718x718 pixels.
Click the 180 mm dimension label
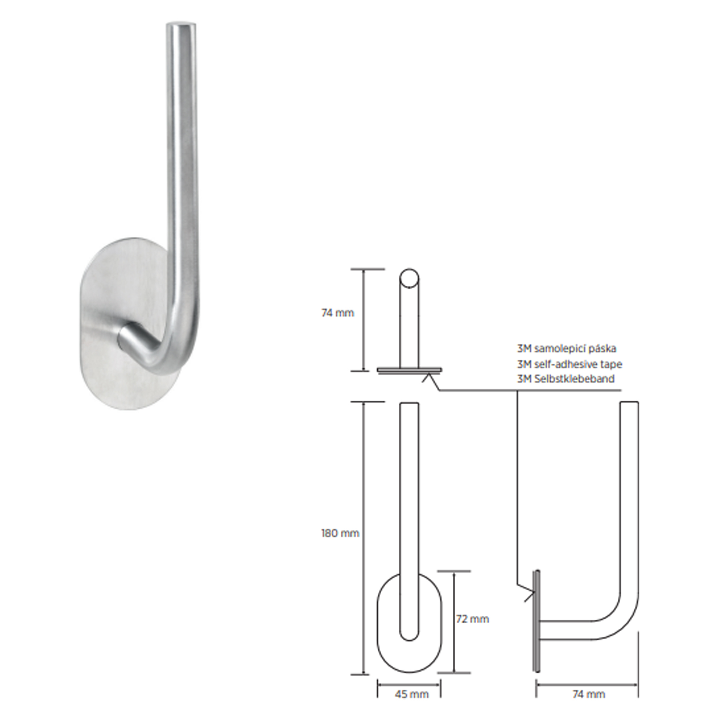tap(340, 533)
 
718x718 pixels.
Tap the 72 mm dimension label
tap(472, 619)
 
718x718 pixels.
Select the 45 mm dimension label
tap(411, 694)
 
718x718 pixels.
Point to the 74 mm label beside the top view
tap(337, 313)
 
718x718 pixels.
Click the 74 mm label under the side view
tap(589, 694)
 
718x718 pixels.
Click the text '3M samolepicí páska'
tap(567, 349)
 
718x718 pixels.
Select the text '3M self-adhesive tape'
tap(569, 364)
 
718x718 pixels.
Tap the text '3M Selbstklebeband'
tap(566, 379)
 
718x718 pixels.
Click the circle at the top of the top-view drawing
tap(409, 278)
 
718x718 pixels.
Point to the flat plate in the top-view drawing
tap(410, 370)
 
